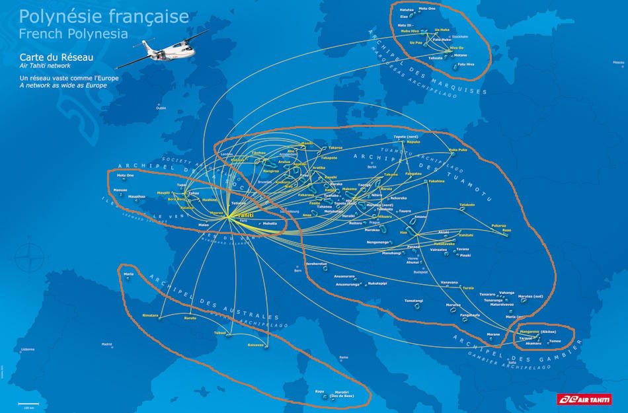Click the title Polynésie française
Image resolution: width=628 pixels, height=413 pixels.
[104, 17]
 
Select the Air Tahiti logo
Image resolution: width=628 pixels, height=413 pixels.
[584, 398]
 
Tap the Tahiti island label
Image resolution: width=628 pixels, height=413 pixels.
[245, 215]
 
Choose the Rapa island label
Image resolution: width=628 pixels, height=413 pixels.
[319, 391]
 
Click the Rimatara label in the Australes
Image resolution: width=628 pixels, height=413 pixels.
[150, 315]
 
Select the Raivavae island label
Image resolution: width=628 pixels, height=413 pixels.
[255, 344]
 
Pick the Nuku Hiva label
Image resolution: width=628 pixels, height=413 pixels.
[410, 31]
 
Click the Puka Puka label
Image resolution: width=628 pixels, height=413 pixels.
[457, 150]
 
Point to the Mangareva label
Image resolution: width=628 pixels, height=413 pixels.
[528, 332]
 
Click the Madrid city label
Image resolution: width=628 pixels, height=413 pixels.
[106, 344]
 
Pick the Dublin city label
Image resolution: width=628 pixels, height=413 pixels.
[161, 108]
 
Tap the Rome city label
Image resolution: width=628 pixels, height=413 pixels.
[343, 357]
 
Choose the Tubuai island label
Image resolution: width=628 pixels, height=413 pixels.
[219, 332]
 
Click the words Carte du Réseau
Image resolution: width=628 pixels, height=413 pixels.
[56, 57]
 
